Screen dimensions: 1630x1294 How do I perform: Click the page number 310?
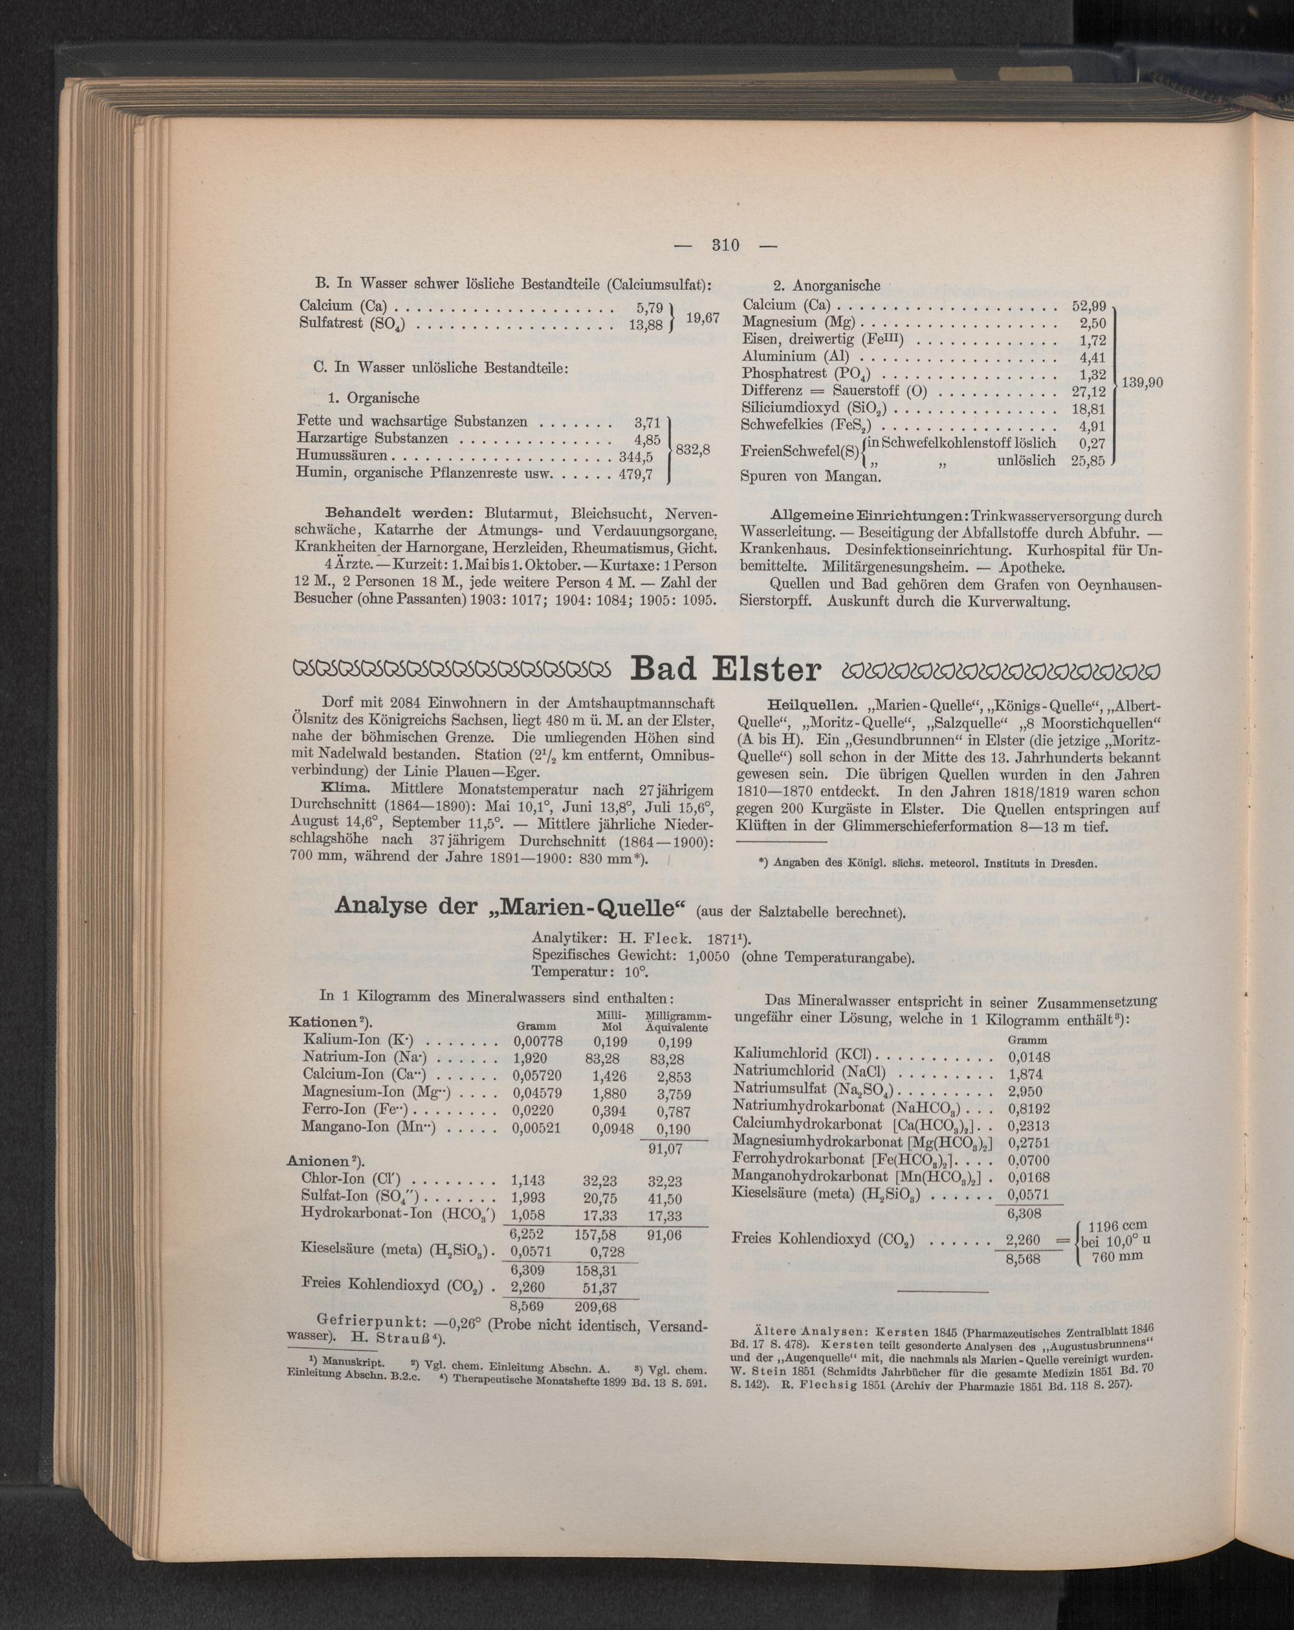[725, 245]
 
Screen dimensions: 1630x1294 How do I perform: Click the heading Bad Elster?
[725, 669]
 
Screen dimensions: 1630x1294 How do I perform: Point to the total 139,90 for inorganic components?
[1141, 383]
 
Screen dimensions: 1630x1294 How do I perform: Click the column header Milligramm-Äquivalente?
[675, 1020]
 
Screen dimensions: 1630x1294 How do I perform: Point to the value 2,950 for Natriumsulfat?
[1025, 1091]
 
